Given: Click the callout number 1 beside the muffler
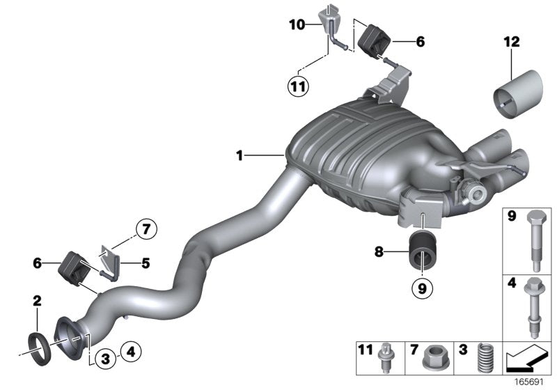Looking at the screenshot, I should (240, 156).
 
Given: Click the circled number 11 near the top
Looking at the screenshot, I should (299, 87).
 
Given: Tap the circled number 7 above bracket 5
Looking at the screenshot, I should (146, 228).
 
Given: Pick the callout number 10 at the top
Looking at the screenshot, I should (297, 25).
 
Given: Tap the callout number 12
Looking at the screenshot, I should (512, 42).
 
